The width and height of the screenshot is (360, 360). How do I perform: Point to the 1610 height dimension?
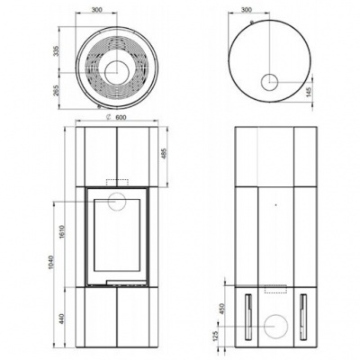point(62,231)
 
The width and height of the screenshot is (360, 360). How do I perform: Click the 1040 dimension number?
point(51,263)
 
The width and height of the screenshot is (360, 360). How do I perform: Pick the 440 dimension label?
point(62,319)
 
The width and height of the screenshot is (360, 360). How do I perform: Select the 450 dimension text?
point(222,309)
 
